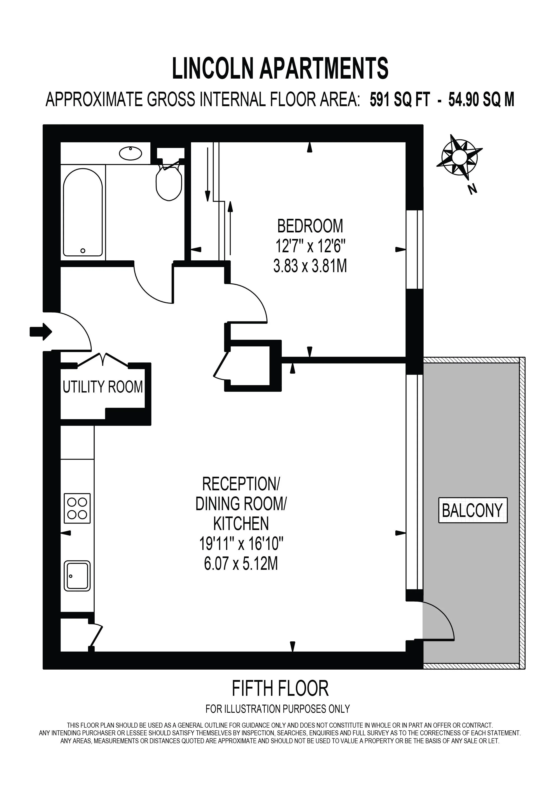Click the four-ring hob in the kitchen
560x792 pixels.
coord(77,508)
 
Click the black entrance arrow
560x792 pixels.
coord(41,332)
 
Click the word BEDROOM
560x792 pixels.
coord(310,226)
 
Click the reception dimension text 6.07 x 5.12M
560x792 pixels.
coord(241,565)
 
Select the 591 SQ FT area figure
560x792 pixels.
coord(400,100)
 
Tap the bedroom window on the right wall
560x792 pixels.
coord(415,249)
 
